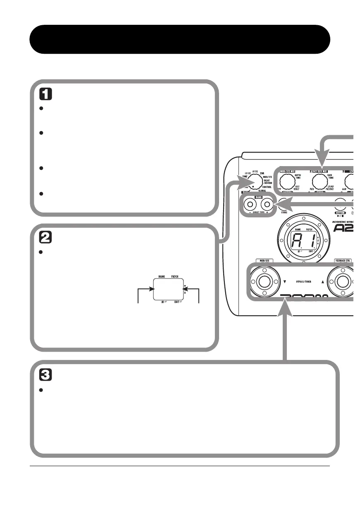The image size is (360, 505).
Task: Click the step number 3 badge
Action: (45, 375)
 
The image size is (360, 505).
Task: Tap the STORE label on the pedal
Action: (284, 212)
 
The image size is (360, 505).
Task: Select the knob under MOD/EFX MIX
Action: (286, 181)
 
